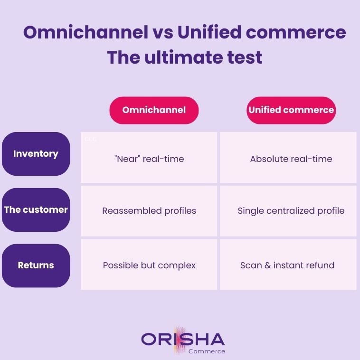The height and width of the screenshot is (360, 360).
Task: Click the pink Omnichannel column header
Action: point(154,110)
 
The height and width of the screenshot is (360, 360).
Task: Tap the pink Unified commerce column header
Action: point(291,110)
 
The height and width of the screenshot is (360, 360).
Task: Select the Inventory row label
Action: point(36,154)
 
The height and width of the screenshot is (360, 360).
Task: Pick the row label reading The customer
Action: point(36,209)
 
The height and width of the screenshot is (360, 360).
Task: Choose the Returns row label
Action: point(36,265)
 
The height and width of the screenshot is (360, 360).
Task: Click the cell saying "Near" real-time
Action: point(149,159)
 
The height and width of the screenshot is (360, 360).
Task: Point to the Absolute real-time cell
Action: point(291,159)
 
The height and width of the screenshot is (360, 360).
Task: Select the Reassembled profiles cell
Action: point(149,210)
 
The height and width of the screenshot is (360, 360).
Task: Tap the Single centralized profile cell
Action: point(291,210)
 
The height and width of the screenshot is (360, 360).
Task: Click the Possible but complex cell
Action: point(149,265)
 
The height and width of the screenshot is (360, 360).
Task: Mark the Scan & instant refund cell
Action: point(287,265)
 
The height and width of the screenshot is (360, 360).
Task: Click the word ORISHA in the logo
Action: point(183,339)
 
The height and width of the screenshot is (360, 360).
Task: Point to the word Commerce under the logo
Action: point(207,351)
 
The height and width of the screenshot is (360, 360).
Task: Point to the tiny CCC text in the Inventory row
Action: point(90,140)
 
